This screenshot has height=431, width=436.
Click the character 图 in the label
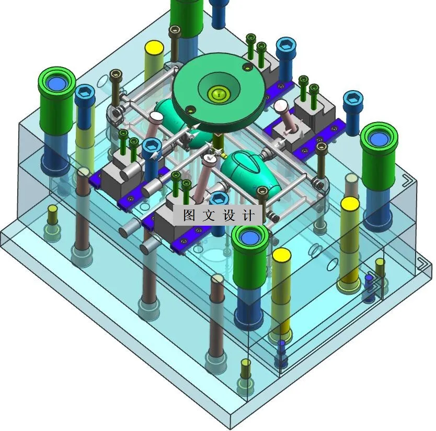tap(189, 215)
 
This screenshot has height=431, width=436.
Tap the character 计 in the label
tap(249, 215)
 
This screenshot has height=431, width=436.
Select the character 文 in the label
tap(209, 215)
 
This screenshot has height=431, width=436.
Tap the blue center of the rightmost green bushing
tap(378, 138)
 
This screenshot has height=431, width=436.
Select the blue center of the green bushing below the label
tap(249, 238)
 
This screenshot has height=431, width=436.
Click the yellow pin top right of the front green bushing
tap(281, 255)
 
